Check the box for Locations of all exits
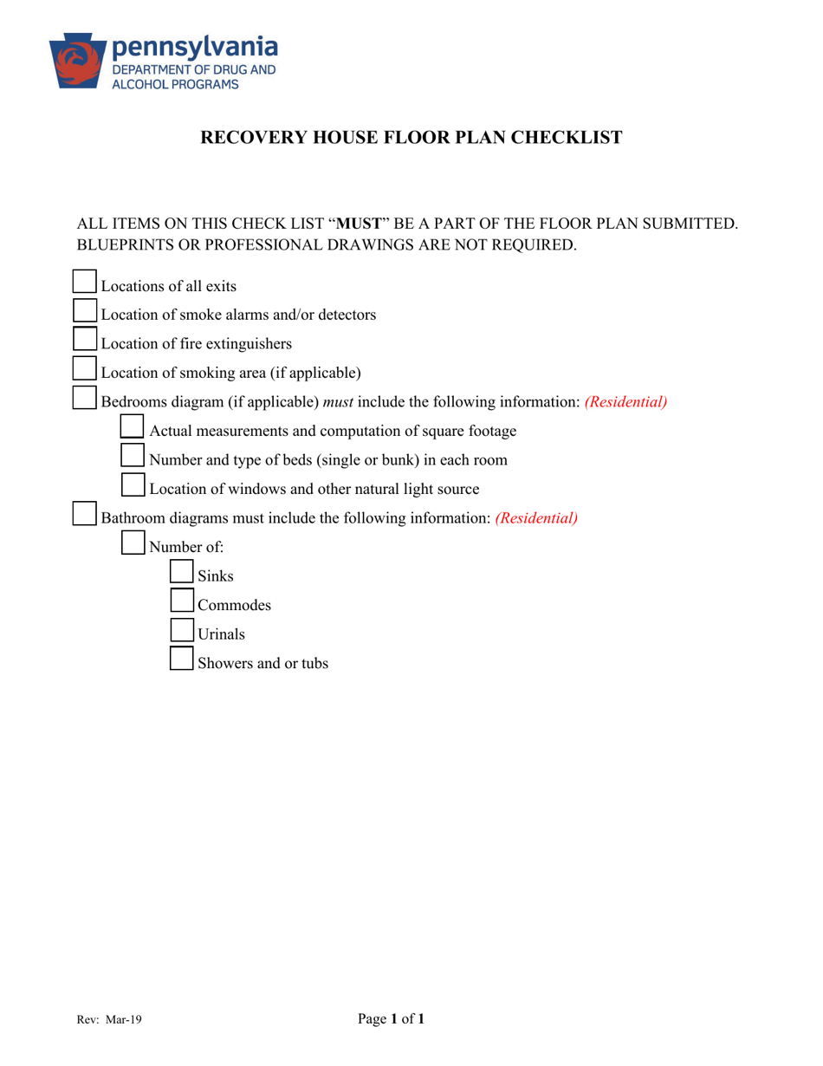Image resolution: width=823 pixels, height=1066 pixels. click(83, 282)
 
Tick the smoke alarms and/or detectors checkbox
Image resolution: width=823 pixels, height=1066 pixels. click(83, 310)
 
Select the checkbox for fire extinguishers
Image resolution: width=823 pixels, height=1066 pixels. click(83, 339)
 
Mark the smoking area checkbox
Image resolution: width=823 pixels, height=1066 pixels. click(83, 368)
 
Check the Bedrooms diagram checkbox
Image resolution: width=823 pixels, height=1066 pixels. click(83, 397)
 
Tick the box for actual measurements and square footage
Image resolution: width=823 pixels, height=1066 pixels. click(132, 426)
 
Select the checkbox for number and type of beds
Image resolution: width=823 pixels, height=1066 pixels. click(132, 455)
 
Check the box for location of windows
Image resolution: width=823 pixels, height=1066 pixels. click(132, 484)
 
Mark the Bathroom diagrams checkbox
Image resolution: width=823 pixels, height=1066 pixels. click(83, 513)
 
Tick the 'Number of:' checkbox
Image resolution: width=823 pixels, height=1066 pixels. click(132, 543)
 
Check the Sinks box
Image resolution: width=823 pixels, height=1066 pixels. click(181, 571)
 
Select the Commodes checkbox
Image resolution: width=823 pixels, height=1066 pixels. click(181, 601)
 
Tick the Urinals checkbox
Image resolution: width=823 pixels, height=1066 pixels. click(181, 629)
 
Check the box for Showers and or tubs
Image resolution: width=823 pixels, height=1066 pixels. click(181, 659)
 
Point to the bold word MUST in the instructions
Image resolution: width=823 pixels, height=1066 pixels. click(359, 224)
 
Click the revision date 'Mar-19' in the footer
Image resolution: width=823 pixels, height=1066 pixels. click(124, 1021)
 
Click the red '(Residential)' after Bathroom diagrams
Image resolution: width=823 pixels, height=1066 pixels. click(536, 518)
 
